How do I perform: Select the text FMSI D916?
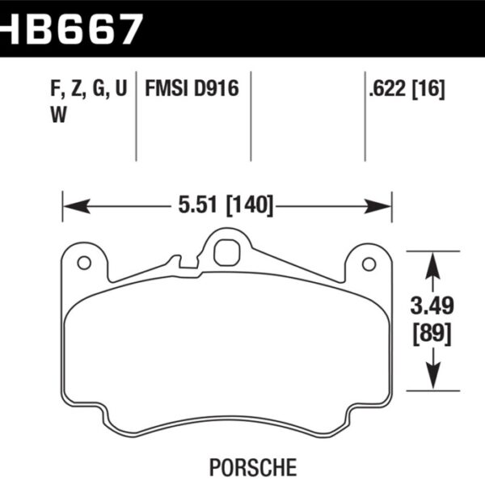point(192,88)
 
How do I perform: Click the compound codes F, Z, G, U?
point(82,88)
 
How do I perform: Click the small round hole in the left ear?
point(82,264)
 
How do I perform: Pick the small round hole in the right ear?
point(369,264)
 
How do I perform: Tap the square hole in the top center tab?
point(226,252)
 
